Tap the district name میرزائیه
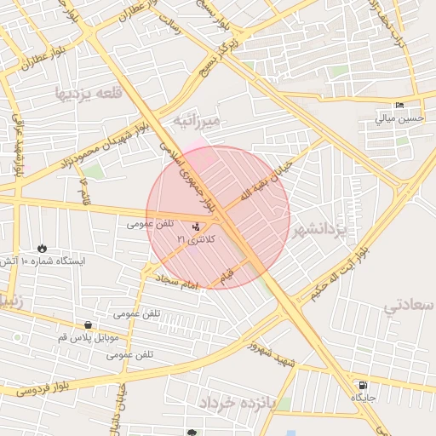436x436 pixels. pyautogui.click(x=197, y=122)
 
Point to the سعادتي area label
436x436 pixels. pyautogui.click(x=409, y=305)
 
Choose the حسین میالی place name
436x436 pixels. pyautogui.click(x=399, y=119)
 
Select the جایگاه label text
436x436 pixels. pyautogui.click(x=363, y=397)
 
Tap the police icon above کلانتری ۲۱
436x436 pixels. pyautogui.click(x=198, y=227)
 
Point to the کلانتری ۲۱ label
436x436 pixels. pyautogui.click(x=197, y=240)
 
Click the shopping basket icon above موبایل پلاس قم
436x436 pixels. pyautogui.click(x=89, y=324)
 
